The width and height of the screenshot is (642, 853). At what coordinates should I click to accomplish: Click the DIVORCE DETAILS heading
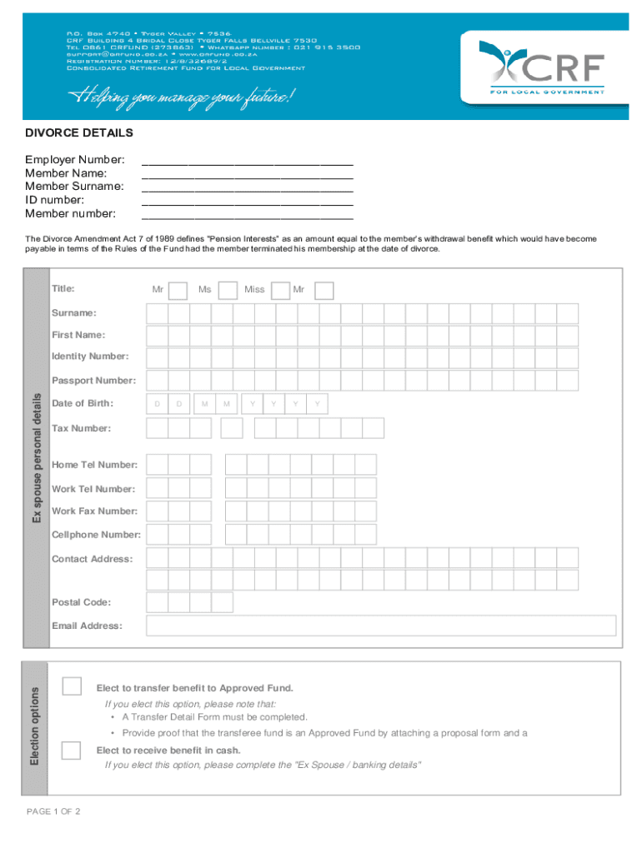click(x=79, y=133)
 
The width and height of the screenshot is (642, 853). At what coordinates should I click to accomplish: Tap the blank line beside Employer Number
click(x=248, y=160)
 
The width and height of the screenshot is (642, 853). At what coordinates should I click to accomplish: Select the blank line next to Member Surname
click(x=248, y=187)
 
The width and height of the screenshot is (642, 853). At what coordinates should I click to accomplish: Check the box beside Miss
click(x=281, y=290)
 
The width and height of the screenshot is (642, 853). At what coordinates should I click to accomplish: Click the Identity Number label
click(x=90, y=357)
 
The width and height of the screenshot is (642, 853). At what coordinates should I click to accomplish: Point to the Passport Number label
click(x=93, y=381)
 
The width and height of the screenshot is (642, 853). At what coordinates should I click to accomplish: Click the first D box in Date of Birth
click(x=156, y=404)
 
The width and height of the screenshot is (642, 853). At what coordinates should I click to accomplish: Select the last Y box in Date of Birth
click(x=317, y=404)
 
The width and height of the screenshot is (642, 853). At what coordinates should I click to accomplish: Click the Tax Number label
click(x=81, y=428)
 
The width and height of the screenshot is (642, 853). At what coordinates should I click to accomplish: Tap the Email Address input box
click(x=380, y=626)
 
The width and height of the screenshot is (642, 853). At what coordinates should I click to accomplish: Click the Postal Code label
click(x=81, y=602)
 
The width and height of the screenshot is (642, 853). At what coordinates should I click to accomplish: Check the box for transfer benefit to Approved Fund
click(x=73, y=686)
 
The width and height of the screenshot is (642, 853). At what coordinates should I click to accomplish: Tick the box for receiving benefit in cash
click(x=73, y=749)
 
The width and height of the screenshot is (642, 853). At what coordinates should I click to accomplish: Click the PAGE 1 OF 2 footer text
click(x=53, y=811)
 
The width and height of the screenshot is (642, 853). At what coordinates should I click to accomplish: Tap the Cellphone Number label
click(x=96, y=535)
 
